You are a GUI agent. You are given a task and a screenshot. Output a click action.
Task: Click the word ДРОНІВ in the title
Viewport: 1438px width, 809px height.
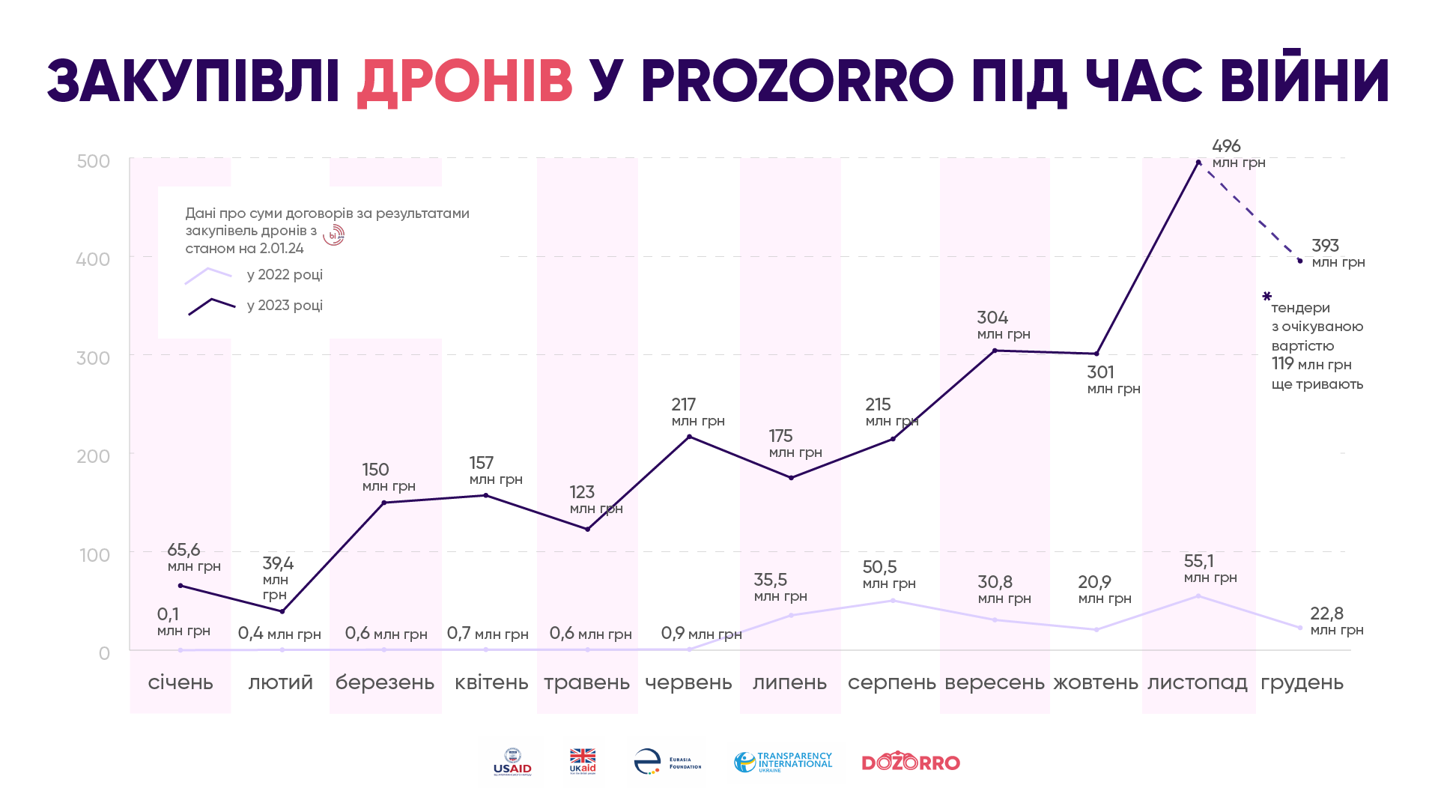(464, 81)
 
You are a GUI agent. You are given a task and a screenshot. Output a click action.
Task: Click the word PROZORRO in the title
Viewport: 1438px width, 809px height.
(797, 81)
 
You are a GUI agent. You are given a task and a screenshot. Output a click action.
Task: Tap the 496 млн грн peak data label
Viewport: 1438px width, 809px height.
(1237, 154)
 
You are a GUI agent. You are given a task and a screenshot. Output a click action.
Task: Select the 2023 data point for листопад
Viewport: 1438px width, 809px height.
(1198, 163)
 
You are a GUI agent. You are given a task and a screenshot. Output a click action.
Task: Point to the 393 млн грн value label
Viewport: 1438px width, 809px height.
(1337, 253)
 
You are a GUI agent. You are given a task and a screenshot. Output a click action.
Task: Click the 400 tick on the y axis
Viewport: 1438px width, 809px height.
(93, 259)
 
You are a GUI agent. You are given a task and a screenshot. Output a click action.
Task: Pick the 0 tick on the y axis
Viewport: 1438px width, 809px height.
(104, 653)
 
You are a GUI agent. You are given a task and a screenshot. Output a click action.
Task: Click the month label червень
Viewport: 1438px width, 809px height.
(688, 682)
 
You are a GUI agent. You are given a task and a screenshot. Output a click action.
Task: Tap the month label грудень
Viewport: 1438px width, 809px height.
(1302, 682)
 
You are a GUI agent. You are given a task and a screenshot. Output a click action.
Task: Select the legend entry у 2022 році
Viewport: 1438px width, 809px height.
(285, 275)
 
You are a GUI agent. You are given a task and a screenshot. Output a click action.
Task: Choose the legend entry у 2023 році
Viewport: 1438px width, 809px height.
(285, 306)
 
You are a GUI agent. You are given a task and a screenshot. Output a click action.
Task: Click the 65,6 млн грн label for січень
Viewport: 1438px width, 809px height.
(193, 557)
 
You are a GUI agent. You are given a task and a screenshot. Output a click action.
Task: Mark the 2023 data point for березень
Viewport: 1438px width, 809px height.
(384, 503)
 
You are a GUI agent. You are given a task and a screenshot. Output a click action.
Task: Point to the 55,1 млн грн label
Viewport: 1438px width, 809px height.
(1210, 569)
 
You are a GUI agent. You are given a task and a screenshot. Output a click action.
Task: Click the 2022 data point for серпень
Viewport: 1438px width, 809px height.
(893, 601)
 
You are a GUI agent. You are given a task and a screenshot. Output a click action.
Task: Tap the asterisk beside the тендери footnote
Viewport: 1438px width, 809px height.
(1266, 297)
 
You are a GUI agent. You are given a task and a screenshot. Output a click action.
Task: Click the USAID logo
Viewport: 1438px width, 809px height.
(512, 762)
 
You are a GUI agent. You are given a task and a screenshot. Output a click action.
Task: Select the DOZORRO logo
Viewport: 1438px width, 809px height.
(911, 762)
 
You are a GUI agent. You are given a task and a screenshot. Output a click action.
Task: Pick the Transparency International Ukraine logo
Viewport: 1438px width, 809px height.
(783, 762)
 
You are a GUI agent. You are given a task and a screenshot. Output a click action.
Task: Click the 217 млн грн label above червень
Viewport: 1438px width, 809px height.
(697, 412)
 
